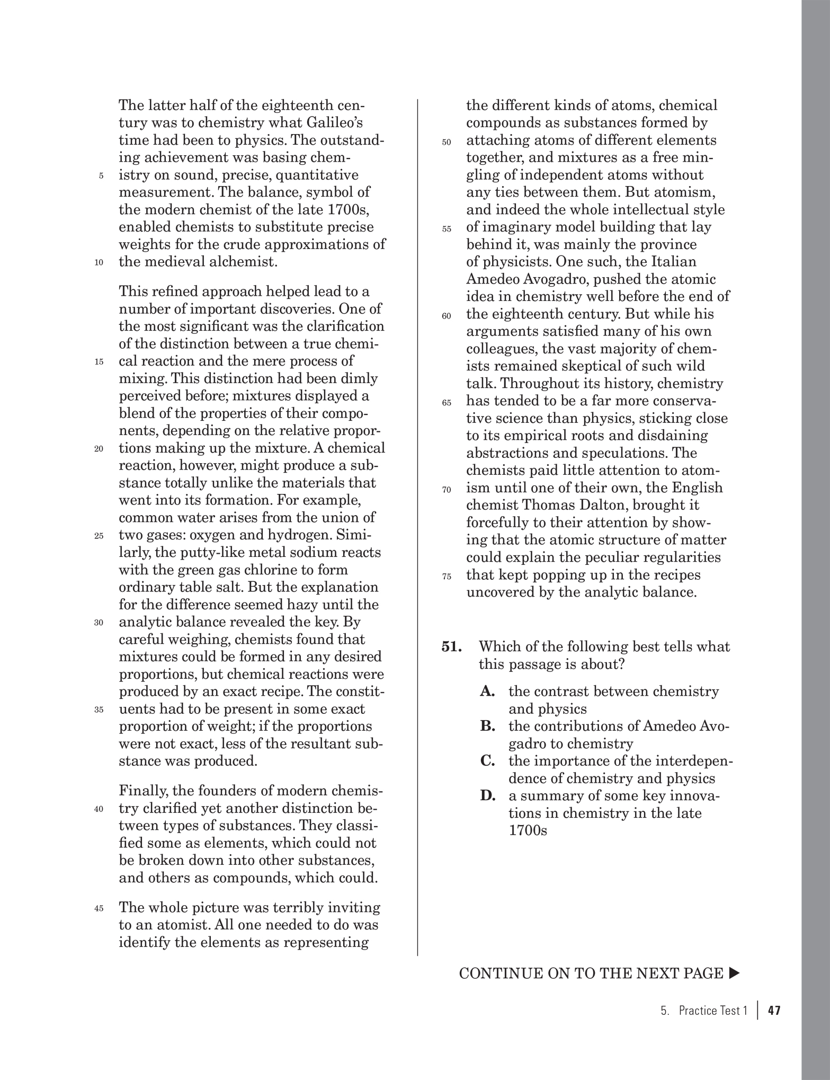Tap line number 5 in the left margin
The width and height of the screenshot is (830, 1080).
(x=101, y=176)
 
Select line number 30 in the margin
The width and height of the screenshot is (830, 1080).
(x=99, y=623)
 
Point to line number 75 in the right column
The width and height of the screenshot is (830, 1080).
(x=446, y=577)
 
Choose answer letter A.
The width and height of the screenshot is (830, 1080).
(x=488, y=692)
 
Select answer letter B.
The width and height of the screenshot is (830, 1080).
(x=488, y=727)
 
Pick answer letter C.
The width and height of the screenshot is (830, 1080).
(x=488, y=762)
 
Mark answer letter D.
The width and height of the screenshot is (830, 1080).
(x=488, y=796)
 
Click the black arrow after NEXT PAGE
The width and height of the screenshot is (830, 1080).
(x=734, y=973)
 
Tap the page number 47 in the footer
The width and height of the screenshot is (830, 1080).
(x=774, y=1011)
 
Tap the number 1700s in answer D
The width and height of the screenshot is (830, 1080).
(x=528, y=831)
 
